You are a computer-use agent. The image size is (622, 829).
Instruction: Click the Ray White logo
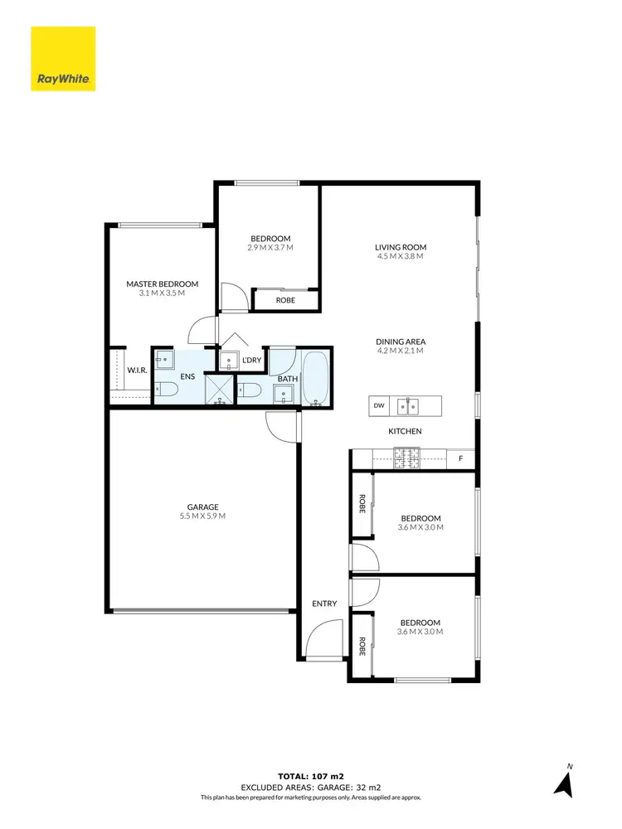pos(63,59)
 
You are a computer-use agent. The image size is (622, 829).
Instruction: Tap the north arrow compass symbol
pos(565,781)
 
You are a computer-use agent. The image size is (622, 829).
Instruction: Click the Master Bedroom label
pos(162,284)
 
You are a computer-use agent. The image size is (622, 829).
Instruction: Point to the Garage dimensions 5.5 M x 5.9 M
pos(202,516)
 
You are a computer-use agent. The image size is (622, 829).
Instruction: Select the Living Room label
pos(400,247)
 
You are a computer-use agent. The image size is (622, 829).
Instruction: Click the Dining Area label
pos(400,342)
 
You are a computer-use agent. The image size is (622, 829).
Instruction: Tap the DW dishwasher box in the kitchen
pos(379,405)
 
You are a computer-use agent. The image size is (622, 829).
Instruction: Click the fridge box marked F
pos(460,457)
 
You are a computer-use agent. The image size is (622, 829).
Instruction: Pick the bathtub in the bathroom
pos(315,378)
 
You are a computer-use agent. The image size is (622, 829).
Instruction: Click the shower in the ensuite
pos(220,389)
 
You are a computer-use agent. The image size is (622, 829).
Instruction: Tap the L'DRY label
pos(252,360)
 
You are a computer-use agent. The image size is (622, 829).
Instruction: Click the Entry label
pos(324,604)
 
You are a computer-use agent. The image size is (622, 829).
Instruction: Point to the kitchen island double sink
pos(406,405)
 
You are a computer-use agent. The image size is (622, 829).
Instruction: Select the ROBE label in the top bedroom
pos(285,300)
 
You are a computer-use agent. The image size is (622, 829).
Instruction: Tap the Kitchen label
pos(406,431)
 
